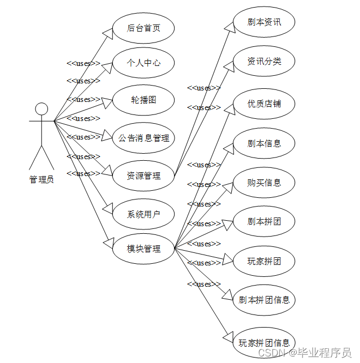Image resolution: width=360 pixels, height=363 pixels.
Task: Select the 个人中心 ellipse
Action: point(143,63)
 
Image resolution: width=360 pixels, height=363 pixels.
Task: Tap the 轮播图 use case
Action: point(143,100)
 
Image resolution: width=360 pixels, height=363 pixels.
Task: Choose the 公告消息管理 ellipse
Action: point(143,138)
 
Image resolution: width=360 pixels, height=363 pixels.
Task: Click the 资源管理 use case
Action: point(143,176)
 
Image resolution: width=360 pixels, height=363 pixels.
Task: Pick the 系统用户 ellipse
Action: point(143,214)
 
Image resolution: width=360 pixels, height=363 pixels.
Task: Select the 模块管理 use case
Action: point(143,249)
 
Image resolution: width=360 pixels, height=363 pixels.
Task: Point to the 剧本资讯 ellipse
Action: point(264,22)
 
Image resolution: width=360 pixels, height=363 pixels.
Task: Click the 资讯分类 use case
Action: point(264,61)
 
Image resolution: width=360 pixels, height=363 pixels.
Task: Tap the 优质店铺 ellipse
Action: point(264,104)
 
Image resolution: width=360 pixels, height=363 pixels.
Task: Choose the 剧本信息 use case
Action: point(264,143)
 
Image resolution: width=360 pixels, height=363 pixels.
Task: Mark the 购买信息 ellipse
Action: point(264,182)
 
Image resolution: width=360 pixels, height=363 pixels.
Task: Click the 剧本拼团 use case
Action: point(264,222)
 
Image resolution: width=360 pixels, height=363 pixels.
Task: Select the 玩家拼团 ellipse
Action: point(264,261)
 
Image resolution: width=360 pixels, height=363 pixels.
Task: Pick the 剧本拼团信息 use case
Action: point(264,300)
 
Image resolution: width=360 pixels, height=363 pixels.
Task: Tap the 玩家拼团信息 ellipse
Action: point(264,342)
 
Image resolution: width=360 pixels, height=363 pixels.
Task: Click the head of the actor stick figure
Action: point(41,109)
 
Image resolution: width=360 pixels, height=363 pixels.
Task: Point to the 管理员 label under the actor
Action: point(41,179)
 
